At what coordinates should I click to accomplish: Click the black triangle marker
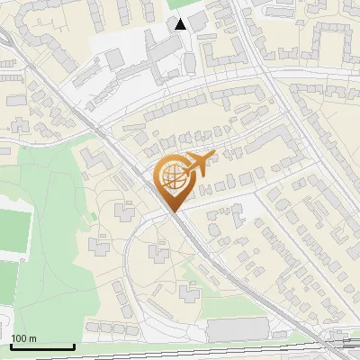(x=181, y=23)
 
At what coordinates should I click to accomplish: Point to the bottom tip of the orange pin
(x=173, y=211)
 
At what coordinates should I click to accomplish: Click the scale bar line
(x=41, y=346)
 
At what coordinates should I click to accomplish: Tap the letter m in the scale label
(x=33, y=337)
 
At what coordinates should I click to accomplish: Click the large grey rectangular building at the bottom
(x=238, y=329)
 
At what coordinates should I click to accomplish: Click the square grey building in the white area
(x=114, y=58)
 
